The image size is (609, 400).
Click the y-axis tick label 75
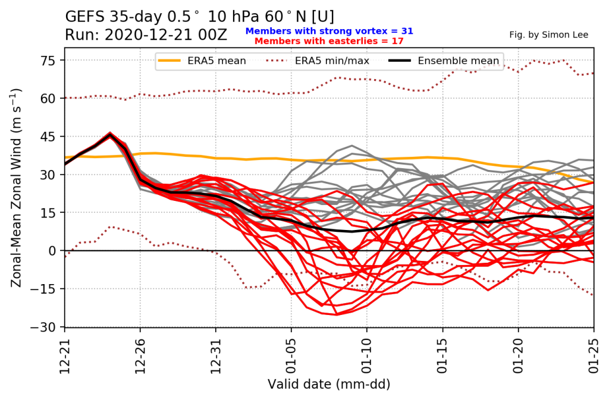pos(48,61)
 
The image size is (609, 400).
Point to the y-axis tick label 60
pos(48,99)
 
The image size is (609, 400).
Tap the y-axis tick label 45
pos(48,137)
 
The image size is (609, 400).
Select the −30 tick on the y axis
pos(43,327)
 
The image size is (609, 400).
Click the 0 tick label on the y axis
pos(52,251)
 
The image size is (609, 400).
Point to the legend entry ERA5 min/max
pos(318,61)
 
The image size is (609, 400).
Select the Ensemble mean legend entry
pos(444,61)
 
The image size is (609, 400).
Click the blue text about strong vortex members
pos(329,31)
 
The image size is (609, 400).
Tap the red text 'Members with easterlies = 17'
pos(329,41)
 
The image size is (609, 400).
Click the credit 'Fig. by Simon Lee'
pos(549,35)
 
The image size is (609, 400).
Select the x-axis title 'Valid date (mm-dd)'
pos(329,384)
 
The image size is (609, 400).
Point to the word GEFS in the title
pos(86,17)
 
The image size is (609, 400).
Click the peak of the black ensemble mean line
pos(110,136)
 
